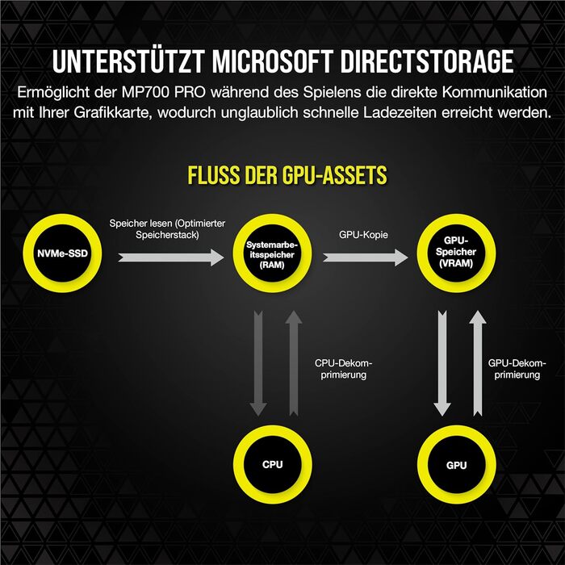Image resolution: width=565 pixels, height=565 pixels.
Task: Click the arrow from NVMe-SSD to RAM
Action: [171, 257]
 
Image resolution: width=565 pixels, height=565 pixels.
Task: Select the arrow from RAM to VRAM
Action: [365, 257]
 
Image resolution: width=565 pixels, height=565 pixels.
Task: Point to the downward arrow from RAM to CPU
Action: [258, 362]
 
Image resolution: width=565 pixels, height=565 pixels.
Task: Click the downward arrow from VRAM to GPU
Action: [441, 362]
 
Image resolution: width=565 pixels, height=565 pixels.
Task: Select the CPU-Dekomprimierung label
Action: [343, 368]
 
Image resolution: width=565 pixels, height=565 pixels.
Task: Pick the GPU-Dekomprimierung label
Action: [517, 368]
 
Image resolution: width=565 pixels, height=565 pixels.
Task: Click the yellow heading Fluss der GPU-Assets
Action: [287, 175]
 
